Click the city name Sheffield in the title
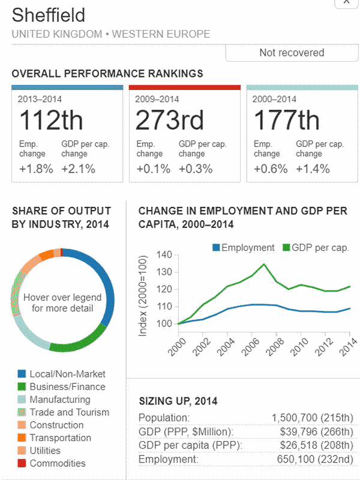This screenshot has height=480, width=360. [49, 15]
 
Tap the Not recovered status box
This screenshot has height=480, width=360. [292, 53]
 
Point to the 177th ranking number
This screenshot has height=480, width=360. [287, 121]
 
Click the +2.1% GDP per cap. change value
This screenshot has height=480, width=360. [79, 169]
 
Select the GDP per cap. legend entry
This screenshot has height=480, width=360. [317, 248]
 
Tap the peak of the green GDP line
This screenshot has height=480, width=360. [264, 264]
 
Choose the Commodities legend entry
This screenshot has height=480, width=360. [57, 463]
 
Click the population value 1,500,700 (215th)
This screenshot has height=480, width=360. [312, 418]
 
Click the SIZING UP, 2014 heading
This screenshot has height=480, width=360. [178, 401]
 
